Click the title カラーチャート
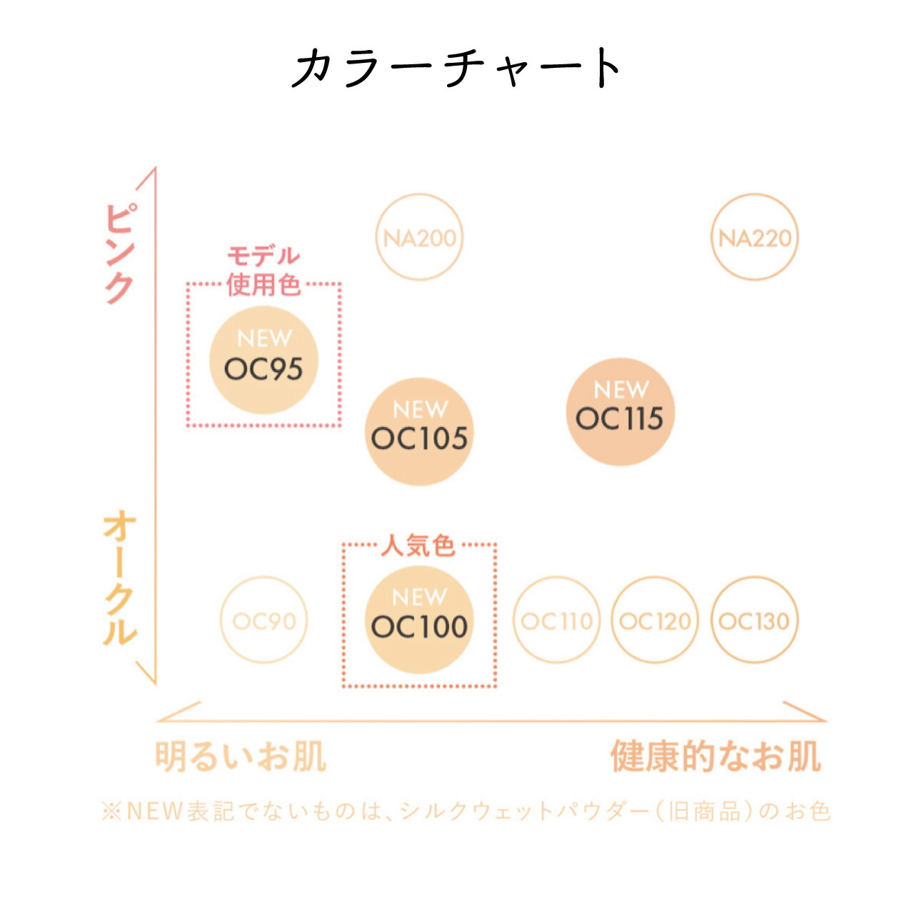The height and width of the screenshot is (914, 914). click(x=457, y=68)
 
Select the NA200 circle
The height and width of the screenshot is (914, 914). click(x=419, y=237)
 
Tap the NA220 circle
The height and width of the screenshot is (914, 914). click(x=755, y=237)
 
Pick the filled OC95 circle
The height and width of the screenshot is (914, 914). click(x=263, y=361)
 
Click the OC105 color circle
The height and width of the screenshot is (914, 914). click(x=419, y=431)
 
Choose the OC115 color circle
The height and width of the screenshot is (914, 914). click(x=620, y=412)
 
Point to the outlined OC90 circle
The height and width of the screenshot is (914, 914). click(x=263, y=621)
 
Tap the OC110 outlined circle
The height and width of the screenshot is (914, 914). click(x=556, y=621)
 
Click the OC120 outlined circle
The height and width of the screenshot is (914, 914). click(x=655, y=621)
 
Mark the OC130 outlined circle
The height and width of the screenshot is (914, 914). click(x=754, y=621)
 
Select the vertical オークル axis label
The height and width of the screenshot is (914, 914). click(x=119, y=578)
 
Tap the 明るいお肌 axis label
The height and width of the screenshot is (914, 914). click(x=241, y=757)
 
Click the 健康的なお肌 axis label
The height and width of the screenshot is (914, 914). click(x=715, y=757)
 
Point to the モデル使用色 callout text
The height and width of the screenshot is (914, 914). click(x=263, y=271)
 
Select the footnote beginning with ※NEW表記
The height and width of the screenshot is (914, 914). click(x=466, y=811)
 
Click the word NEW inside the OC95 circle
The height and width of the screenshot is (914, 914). click(x=264, y=338)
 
